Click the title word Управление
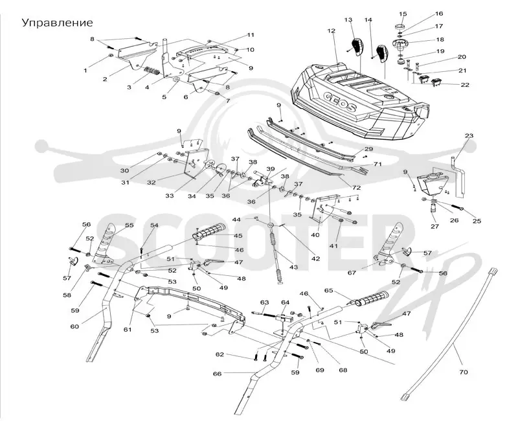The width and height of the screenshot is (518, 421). tap(57, 23)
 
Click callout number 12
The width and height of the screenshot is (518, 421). tap(332, 30)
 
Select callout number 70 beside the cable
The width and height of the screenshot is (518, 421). tap(464, 372)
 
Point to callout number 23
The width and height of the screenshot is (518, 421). tap(469, 135)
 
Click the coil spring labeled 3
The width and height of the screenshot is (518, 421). tap(153, 71)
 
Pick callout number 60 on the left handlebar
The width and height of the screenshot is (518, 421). tap(74, 326)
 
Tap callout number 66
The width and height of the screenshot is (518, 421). tap(217, 374)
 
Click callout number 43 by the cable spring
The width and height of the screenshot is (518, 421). tap(293, 267)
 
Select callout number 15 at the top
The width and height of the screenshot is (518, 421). tap(403, 14)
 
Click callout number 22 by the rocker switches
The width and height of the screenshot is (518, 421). tap(465, 85)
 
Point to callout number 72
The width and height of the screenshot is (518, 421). tap(356, 188)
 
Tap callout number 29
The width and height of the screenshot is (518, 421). tap(368, 149)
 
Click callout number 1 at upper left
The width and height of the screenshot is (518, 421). tap(85, 71)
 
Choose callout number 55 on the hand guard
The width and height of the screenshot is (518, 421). tap(129, 225)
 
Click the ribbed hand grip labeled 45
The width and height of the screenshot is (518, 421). tap(209, 231)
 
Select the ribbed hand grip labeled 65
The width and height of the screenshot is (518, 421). tap(369, 298)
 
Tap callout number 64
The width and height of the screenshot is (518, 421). tap(285, 302)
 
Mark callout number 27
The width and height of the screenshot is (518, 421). tap(434, 226)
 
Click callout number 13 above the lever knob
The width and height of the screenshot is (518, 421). tap(348, 20)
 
